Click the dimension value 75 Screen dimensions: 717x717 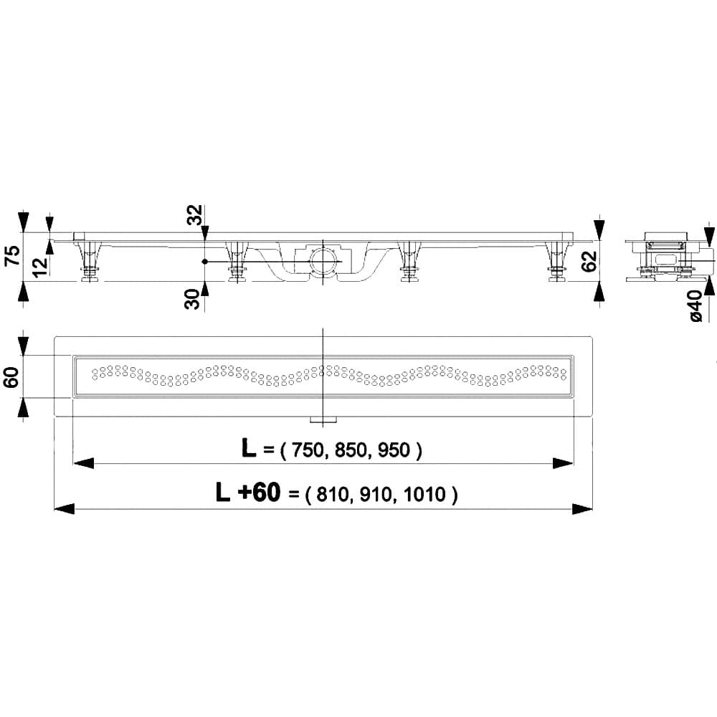(x=11, y=256)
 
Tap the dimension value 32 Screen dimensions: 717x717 (x=194, y=215)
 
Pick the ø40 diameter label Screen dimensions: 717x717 (x=696, y=307)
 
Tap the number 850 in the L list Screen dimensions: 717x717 (x=350, y=450)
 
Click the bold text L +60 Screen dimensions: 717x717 (x=250, y=493)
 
